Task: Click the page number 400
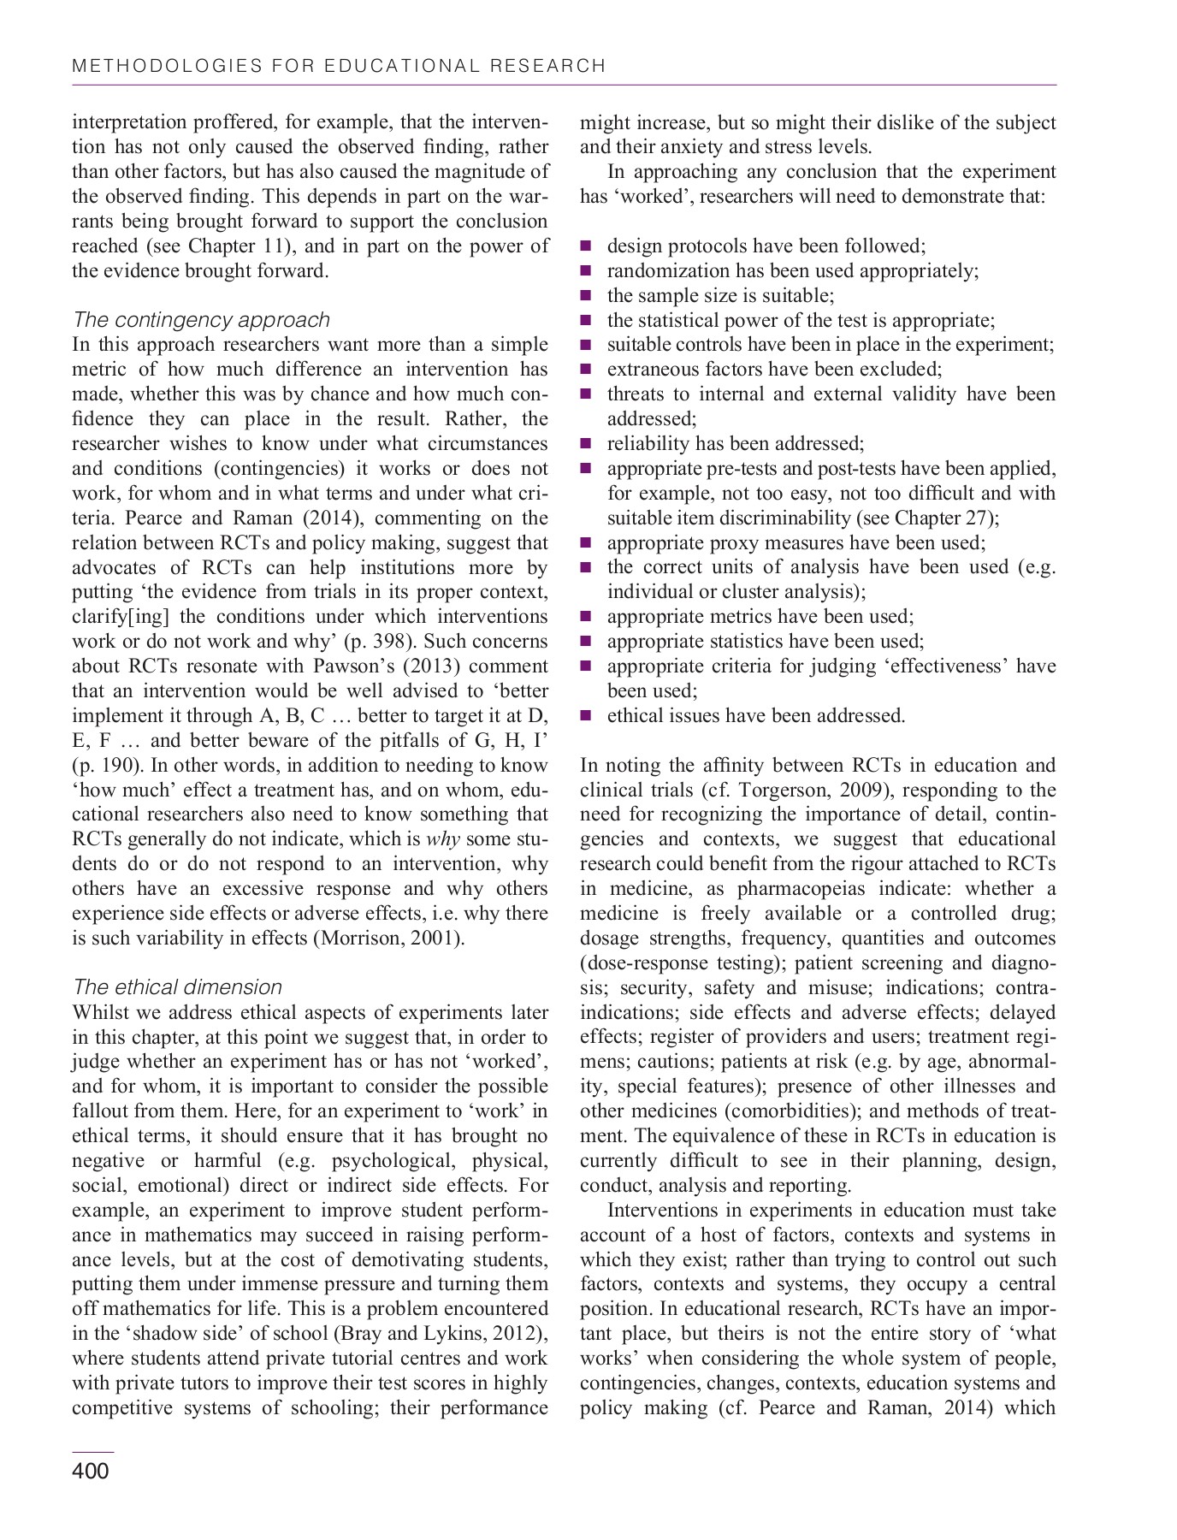91,1472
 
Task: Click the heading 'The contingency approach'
201,320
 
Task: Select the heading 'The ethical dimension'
177,987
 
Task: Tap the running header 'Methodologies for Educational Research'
340,66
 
